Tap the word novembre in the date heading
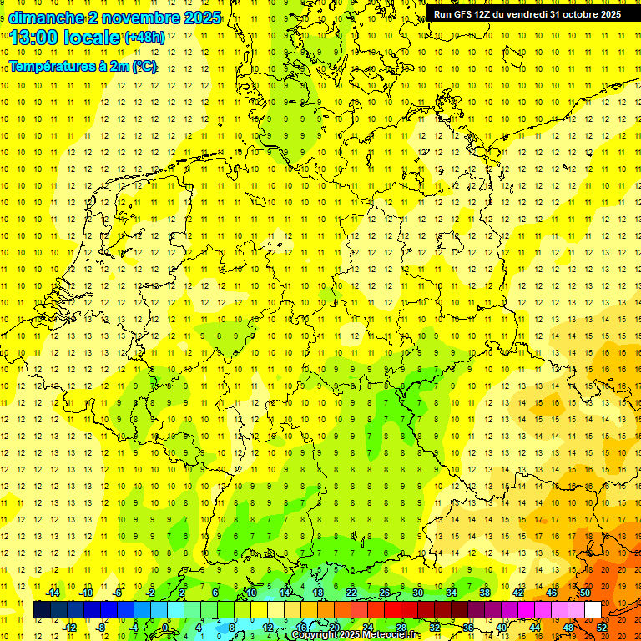tap(137, 17)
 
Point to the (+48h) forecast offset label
tap(144, 38)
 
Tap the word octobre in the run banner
tap(573, 14)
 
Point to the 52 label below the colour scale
tap(602, 627)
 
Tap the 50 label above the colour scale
tap(585, 593)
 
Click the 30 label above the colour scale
tap(418, 593)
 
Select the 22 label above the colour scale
tap(351, 593)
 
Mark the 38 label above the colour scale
tap(485, 593)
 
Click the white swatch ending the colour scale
tap(593, 610)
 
